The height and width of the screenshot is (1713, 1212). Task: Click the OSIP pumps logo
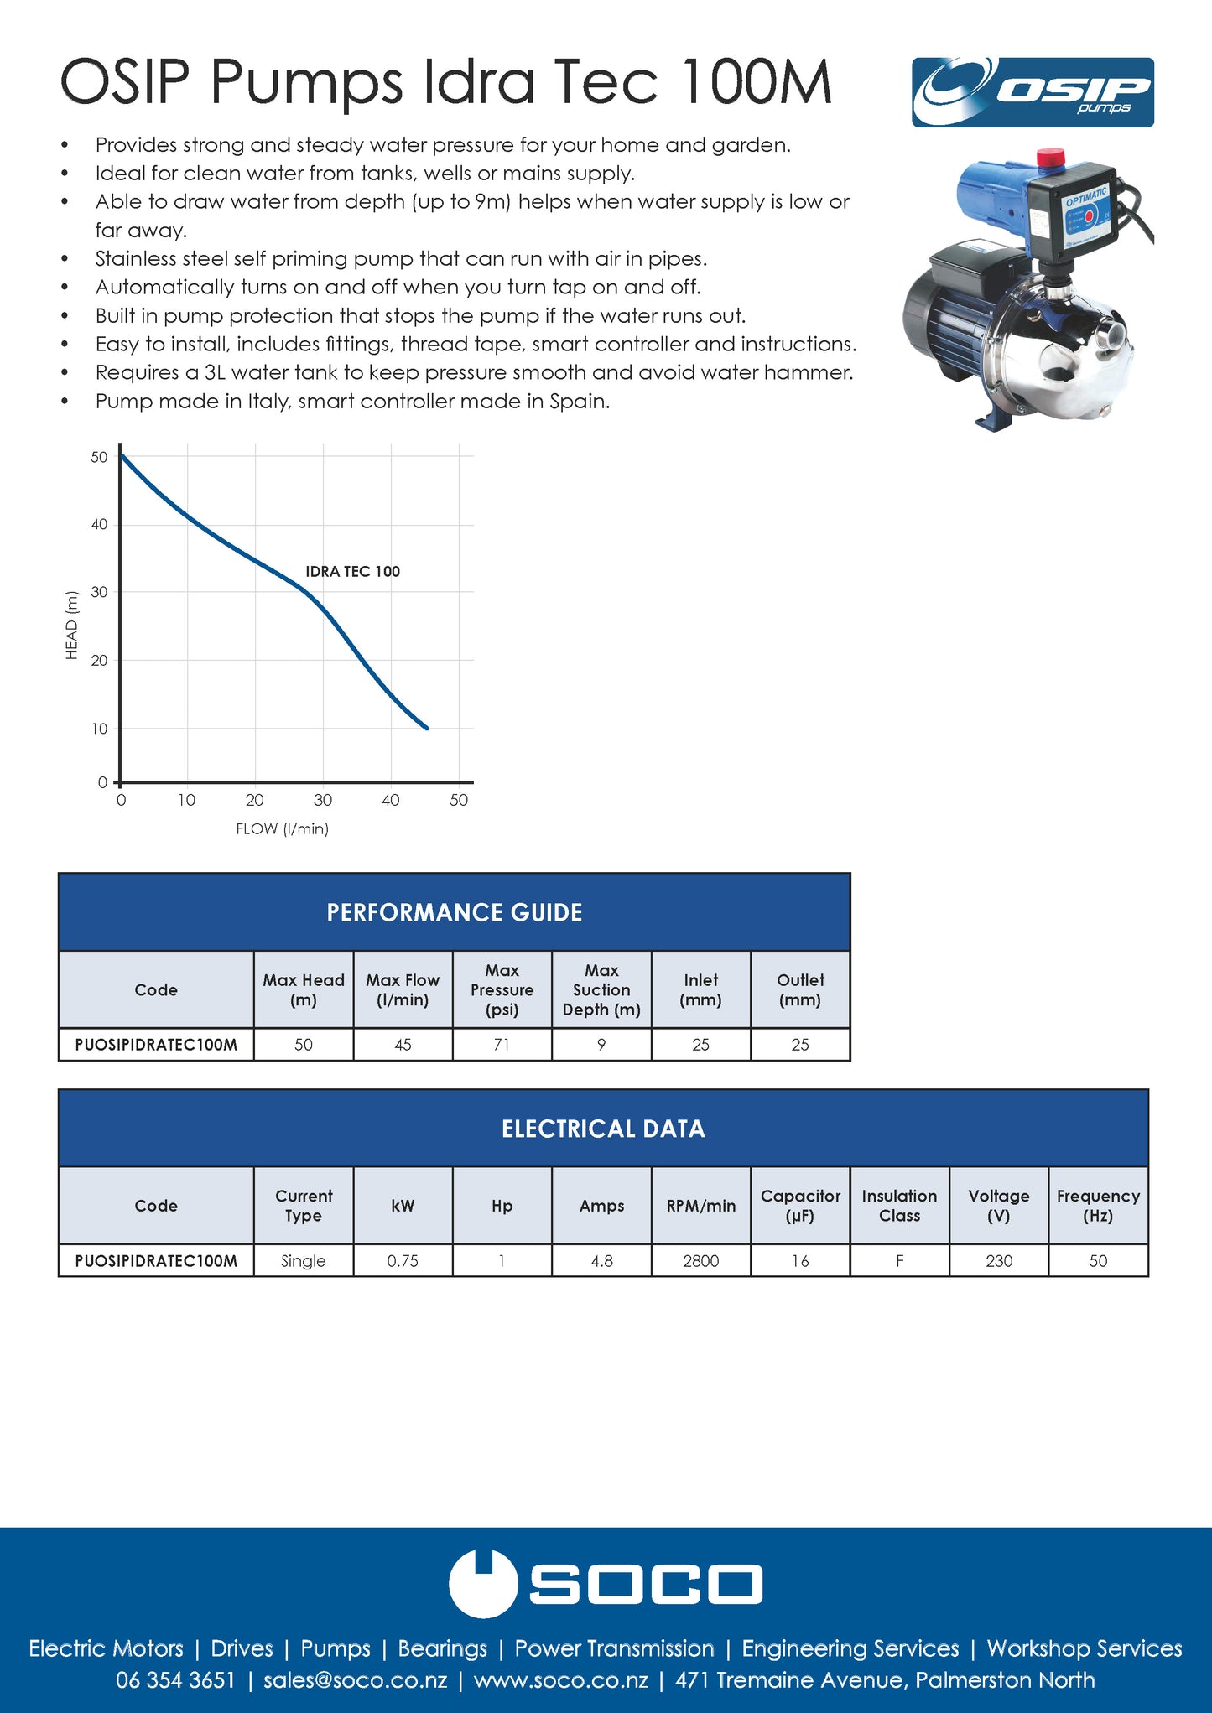(1033, 92)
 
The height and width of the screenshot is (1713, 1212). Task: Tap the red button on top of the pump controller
(1050, 158)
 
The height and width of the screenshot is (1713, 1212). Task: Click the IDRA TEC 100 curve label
(352, 572)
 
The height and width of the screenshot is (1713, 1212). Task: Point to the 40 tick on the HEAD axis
(100, 525)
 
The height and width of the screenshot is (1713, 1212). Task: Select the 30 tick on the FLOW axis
(323, 800)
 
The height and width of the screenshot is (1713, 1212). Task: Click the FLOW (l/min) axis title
(282, 829)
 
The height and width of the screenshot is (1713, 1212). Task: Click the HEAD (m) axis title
(72, 626)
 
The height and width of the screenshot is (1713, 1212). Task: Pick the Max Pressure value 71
(502, 1045)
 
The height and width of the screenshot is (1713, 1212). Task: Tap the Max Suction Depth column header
(601, 990)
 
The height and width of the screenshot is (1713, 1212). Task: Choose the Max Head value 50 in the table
(304, 1045)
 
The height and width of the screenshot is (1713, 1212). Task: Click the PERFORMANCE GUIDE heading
(454, 912)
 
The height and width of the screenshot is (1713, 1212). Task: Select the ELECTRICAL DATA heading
(603, 1129)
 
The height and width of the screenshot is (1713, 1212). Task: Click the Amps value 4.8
(601, 1261)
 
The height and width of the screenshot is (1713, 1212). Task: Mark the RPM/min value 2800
(700, 1261)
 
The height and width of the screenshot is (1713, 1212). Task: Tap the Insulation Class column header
(899, 1206)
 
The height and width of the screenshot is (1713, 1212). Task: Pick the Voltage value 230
(999, 1261)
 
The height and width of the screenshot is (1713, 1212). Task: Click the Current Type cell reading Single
(303, 1261)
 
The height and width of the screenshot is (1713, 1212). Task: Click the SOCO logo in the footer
(606, 1584)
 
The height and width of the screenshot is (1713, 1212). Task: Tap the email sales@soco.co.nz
(355, 1680)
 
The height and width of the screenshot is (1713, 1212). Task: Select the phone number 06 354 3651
(175, 1680)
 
